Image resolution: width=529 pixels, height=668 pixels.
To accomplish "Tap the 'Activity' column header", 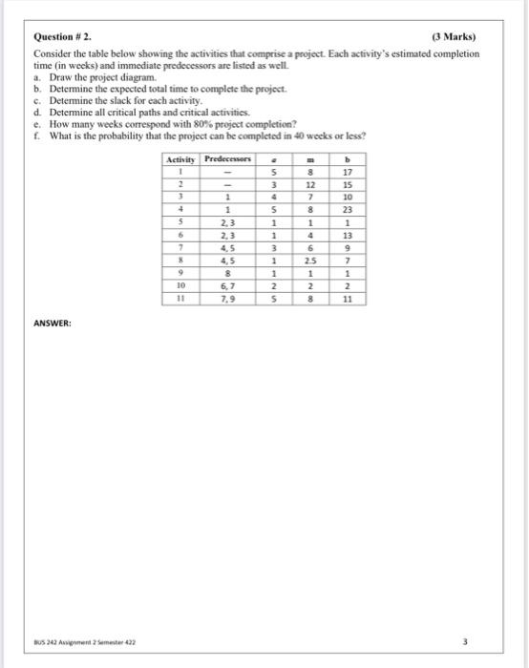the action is point(180,160).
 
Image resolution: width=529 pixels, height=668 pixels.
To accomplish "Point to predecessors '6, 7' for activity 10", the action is point(228,284).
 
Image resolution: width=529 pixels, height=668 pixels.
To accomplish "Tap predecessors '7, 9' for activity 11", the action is point(228,298).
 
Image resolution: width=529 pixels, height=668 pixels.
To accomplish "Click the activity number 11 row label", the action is point(180,298).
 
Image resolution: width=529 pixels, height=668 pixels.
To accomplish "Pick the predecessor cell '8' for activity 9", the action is point(228,272).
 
